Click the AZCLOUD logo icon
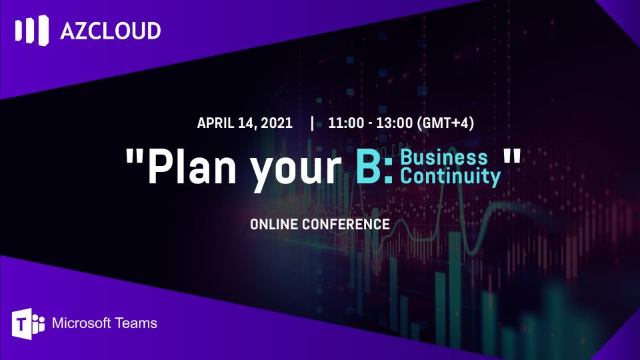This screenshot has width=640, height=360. [32, 30]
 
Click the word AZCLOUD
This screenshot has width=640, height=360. [111, 31]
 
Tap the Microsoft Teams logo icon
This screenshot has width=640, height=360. [28, 324]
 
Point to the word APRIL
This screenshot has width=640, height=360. [216, 123]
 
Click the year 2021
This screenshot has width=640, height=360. [276, 123]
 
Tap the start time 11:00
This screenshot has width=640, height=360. [346, 123]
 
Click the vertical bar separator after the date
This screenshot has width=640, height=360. [312, 123]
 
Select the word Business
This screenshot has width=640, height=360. [444, 157]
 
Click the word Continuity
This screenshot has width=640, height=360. [450, 176]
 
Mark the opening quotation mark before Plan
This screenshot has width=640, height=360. [135, 155]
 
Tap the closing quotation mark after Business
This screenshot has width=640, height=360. [512, 155]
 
